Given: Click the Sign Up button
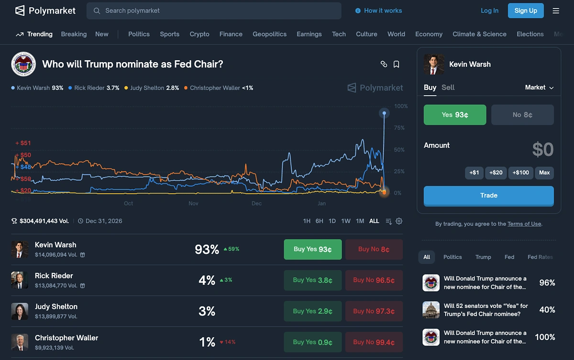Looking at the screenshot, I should click(526, 11).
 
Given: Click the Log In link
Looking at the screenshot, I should click(489, 11).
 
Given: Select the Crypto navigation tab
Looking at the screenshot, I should click(199, 34).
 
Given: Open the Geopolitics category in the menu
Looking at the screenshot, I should click(269, 34).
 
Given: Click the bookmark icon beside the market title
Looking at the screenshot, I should click(397, 64).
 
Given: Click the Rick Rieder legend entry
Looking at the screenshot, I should click(94, 88).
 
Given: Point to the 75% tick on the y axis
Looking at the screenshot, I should click(398, 128).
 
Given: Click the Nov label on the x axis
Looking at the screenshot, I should click(193, 203).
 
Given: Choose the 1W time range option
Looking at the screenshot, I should click(346, 221).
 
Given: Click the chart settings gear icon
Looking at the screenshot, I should click(399, 221).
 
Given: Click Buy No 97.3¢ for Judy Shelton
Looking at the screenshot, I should click(374, 311).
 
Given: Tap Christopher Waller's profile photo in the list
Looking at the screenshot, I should click(20, 342).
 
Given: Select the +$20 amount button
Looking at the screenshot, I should click(495, 173).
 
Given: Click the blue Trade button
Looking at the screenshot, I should click(488, 196).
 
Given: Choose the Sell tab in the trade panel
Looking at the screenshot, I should click(448, 87).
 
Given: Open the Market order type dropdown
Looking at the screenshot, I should click(539, 87).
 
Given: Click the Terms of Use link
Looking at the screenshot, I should click(524, 224).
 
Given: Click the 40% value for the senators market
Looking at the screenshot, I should click(547, 310).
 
